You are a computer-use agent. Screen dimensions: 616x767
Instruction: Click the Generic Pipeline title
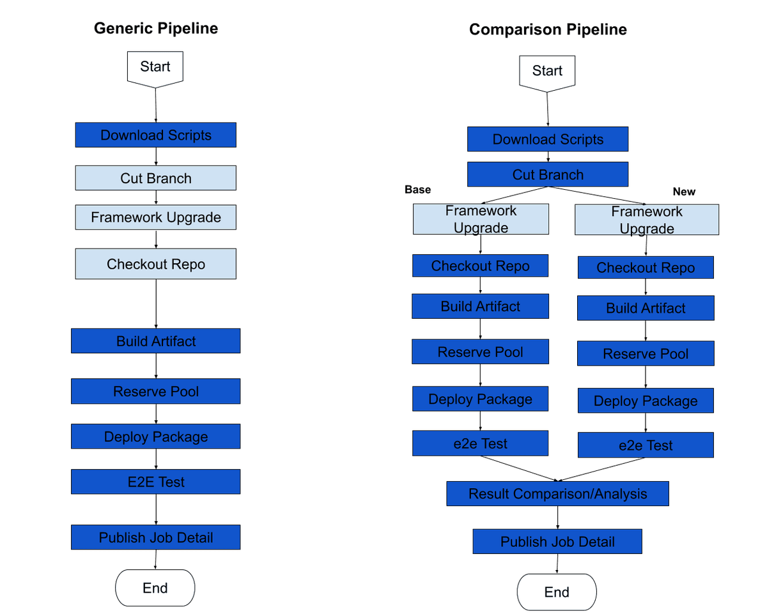pos(156,29)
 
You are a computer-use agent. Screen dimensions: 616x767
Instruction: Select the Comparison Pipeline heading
pos(548,30)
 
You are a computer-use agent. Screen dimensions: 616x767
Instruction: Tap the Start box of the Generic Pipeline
pos(155,68)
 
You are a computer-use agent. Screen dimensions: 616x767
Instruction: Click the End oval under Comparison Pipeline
pos(556,592)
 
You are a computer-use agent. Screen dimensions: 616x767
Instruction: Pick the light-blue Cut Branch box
pos(156,178)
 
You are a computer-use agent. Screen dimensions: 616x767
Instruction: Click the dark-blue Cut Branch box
pos(548,174)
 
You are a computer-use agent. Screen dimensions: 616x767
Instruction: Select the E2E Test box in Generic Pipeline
pos(156,482)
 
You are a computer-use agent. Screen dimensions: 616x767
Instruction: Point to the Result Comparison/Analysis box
pos(557,493)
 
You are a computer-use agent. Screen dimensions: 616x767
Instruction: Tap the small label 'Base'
pos(418,190)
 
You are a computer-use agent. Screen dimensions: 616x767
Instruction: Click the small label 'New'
pos(683,192)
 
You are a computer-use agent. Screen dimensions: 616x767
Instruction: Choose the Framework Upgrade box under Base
pos(481,219)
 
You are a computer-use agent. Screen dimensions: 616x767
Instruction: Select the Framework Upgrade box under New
pos(647,220)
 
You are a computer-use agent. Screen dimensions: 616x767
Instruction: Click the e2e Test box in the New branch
pos(646,445)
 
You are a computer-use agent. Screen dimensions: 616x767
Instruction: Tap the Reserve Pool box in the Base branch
pos(480,352)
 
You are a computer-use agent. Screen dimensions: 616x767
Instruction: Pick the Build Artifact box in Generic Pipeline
pos(156,341)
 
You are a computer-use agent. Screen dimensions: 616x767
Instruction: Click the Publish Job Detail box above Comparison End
pos(557,541)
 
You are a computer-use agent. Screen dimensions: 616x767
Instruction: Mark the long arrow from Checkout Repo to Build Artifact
pos(156,304)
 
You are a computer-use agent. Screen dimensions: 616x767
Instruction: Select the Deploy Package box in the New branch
pos(646,401)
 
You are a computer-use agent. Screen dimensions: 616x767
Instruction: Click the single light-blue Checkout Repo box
pos(156,264)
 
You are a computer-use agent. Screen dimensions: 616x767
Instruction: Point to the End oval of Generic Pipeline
pos(155,588)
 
